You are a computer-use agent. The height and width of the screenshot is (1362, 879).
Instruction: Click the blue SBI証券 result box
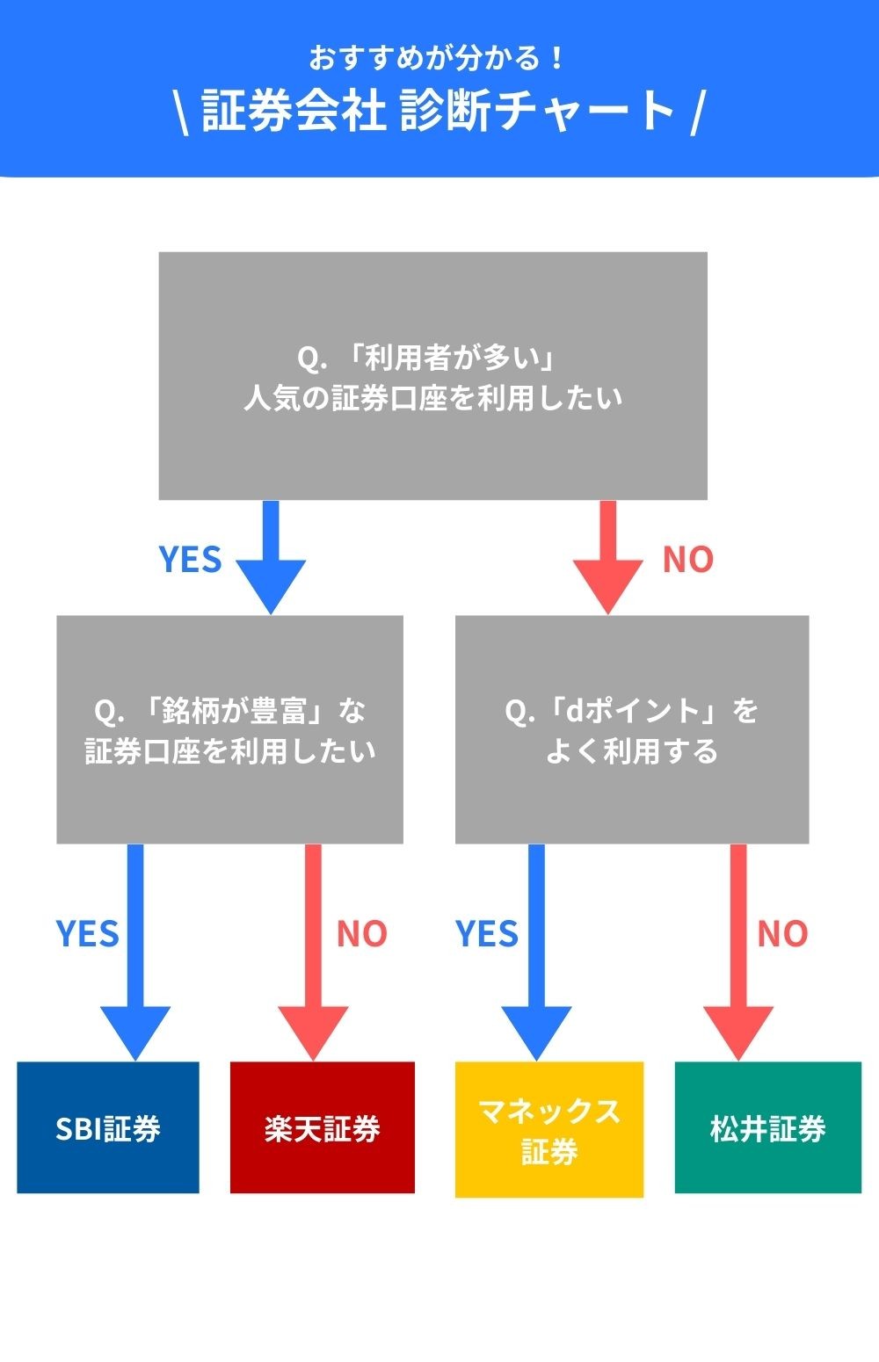(108, 1127)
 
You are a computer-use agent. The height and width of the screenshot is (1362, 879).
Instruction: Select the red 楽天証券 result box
(322, 1127)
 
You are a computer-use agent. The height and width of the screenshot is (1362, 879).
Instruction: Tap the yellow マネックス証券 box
(549, 1129)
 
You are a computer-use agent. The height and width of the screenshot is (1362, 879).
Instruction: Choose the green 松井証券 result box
(767, 1127)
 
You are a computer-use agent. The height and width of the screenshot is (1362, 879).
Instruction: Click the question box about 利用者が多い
(432, 376)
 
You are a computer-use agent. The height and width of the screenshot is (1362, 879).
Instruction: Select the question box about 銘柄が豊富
(229, 729)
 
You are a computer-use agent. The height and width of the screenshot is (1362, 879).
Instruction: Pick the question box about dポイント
(631, 729)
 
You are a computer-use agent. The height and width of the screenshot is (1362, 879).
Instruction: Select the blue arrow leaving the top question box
(271, 558)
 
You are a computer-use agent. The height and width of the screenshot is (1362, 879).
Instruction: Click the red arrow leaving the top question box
(607, 558)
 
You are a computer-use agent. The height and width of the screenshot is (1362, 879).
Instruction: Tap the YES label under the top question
(190, 559)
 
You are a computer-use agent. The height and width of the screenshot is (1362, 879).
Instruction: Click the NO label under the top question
(687, 559)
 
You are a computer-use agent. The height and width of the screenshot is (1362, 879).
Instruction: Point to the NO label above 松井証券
(782, 933)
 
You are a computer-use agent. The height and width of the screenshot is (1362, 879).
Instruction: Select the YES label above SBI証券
(87, 933)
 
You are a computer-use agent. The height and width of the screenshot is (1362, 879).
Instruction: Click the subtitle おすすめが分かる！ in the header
(437, 58)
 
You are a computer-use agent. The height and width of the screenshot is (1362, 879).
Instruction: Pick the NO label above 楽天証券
(361, 933)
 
